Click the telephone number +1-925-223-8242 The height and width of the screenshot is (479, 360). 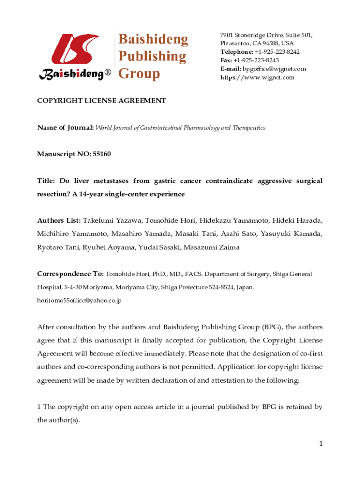[277, 52]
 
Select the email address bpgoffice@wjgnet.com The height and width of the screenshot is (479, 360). [274, 69]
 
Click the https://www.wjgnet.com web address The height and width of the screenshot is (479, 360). [258, 77]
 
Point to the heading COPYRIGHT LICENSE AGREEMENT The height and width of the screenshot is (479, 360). [102, 101]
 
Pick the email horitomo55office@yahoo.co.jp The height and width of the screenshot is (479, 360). [79, 300]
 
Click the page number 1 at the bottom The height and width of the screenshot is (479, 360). [321, 443]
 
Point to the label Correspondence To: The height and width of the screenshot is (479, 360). [71, 274]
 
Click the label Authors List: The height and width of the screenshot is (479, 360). [59, 220]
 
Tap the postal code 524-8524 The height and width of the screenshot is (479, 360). [215, 287]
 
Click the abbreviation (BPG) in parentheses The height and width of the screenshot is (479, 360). [272, 327]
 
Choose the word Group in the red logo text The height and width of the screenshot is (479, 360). [139, 74]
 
